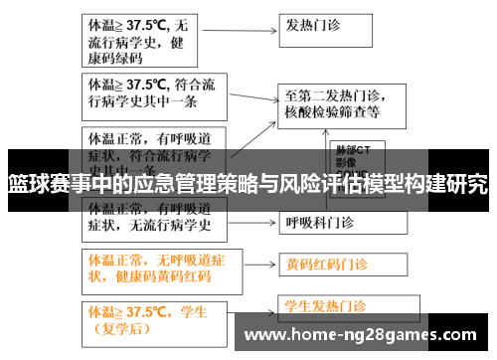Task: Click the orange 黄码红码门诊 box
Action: [339, 265]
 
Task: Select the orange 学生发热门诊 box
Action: [338, 305]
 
